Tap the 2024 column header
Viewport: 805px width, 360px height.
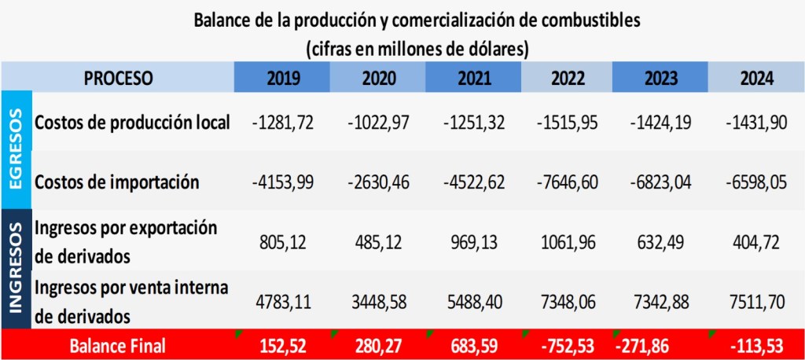tap(756, 78)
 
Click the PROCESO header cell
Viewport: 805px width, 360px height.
tap(118, 78)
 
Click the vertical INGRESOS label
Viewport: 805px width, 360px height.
tap(16, 267)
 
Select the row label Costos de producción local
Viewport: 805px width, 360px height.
tap(133, 122)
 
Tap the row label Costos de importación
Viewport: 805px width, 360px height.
tap(117, 182)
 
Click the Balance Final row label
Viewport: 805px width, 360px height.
tap(118, 346)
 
